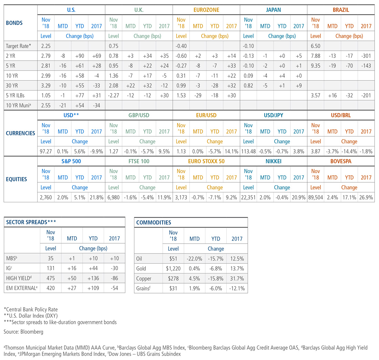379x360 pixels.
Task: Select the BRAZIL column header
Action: pos(340,10)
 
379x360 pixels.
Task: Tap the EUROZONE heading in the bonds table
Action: pos(206,10)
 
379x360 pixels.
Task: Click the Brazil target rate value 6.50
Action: pos(316,45)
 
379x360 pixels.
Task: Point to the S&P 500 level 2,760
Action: pos(46,197)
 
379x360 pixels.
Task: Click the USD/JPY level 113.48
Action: pos(248,151)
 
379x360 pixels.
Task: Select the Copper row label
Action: pos(144,278)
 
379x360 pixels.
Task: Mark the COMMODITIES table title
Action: pos(154,222)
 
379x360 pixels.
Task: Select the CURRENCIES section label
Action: pos(20,133)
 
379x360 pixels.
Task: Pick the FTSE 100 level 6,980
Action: pos(113,197)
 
